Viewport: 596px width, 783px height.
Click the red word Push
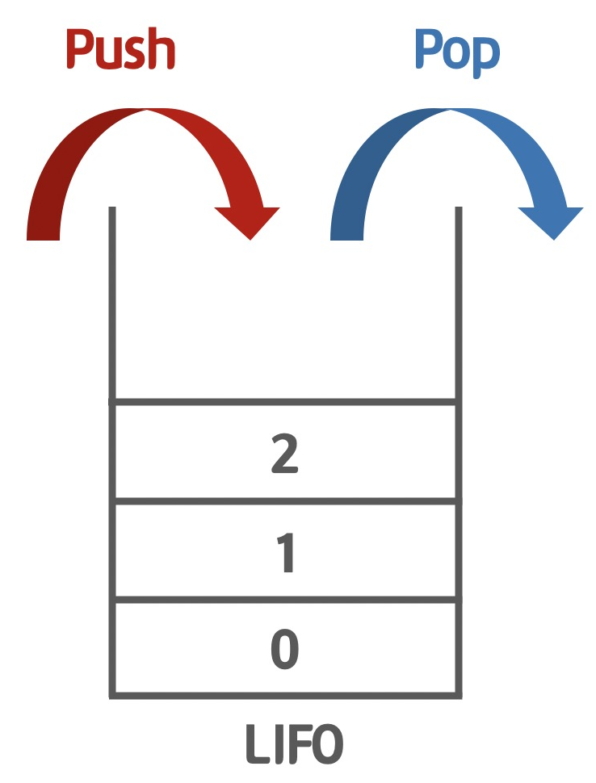(x=120, y=50)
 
